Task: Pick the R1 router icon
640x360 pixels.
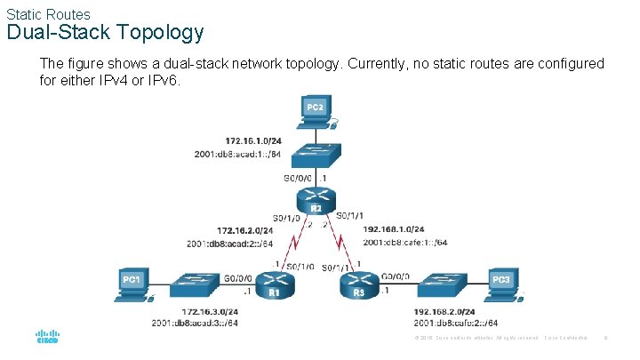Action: coord(274,284)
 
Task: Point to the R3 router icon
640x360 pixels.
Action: coord(358,284)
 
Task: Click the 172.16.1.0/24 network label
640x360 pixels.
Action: coord(254,140)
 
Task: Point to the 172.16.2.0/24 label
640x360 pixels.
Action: coord(245,230)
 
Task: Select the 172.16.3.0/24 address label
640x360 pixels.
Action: coord(210,311)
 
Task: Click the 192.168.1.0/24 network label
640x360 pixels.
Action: coord(394,229)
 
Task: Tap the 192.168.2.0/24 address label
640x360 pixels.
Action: coord(444,311)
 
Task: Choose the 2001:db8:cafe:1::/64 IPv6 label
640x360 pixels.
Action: coord(405,242)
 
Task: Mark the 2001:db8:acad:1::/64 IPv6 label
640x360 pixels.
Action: coord(238,154)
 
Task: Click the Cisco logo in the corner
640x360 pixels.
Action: coord(47,338)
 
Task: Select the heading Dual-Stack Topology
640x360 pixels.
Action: coord(105,33)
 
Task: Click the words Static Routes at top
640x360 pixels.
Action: coord(48,13)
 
